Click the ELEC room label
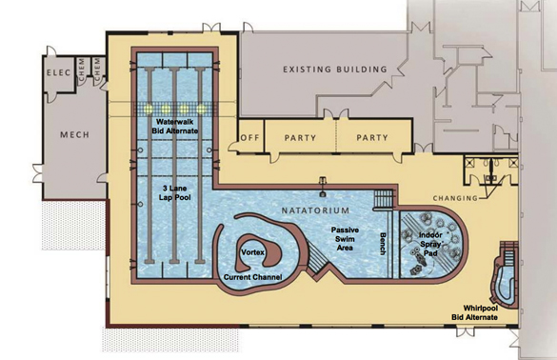click(x=59, y=72)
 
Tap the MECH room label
click(x=74, y=134)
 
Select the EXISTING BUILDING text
click(x=335, y=70)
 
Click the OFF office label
click(x=250, y=137)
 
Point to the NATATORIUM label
click(x=315, y=210)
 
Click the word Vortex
click(x=253, y=252)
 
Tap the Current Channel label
click(x=253, y=277)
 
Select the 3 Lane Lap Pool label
click(x=175, y=192)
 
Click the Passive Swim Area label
click(x=345, y=239)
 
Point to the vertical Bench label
click(x=383, y=244)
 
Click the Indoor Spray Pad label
click(x=430, y=244)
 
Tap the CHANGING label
click(x=455, y=198)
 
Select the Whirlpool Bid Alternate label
click(x=474, y=312)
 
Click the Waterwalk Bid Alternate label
click(x=175, y=127)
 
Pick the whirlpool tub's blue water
click(x=506, y=283)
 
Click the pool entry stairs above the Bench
click(x=384, y=199)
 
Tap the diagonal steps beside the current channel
click(x=317, y=257)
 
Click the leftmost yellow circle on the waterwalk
click(x=149, y=109)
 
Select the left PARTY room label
click(x=300, y=137)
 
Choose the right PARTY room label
click(x=372, y=137)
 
